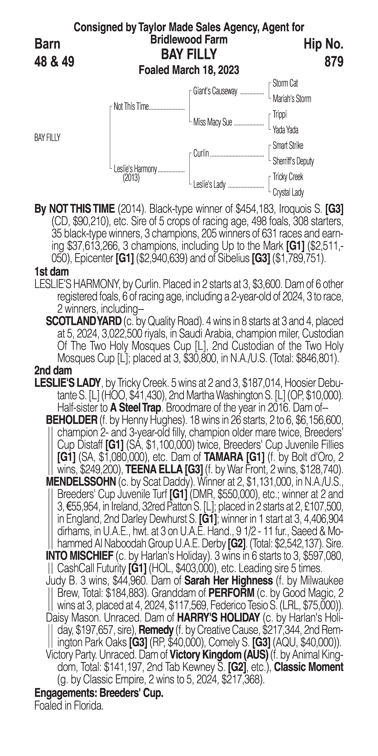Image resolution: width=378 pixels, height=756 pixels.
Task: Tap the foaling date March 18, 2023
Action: [x=189, y=70]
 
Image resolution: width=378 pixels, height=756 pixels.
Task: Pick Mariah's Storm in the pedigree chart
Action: [x=292, y=99]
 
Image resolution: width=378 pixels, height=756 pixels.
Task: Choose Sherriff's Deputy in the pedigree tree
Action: [x=293, y=161]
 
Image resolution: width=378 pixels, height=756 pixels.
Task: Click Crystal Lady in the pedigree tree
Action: [x=288, y=192]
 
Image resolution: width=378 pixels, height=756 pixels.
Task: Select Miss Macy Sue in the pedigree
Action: [x=212, y=122]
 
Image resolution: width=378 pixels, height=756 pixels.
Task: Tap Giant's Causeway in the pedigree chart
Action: [x=215, y=91]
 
